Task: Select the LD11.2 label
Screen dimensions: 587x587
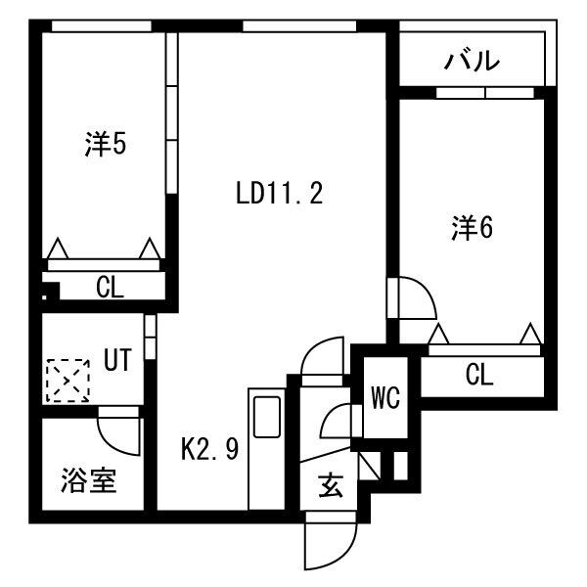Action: point(279,193)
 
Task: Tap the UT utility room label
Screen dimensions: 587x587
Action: point(116,360)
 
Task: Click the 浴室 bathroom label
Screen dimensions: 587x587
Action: point(89,480)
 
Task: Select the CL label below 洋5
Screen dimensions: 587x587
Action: point(110,287)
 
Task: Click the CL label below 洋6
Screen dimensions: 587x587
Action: point(478,374)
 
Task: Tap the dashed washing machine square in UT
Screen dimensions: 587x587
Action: point(66,381)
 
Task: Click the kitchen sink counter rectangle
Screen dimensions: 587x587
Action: point(266,416)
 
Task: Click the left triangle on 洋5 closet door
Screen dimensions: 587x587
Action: point(58,248)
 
